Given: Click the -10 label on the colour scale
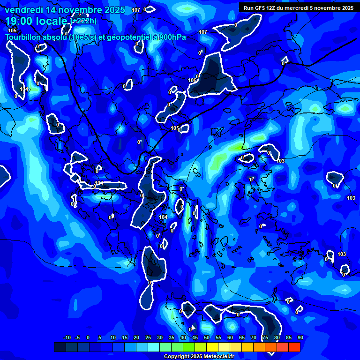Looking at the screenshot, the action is pyautogui.click(x=67, y=337).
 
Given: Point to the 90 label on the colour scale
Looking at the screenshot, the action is pyautogui.click(x=300, y=337).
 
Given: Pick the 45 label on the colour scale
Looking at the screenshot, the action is pyautogui.click(x=195, y=337).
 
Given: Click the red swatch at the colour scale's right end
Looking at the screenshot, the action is pyautogui.click(x=294, y=347).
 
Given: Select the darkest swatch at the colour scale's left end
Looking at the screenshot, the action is pyautogui.click(x=60, y=347).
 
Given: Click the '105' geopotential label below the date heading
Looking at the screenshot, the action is pyautogui.click(x=12, y=30).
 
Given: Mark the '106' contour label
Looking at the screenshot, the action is pyautogui.click(x=192, y=80).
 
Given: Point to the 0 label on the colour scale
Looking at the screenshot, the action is pyautogui.click(x=88, y=337).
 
